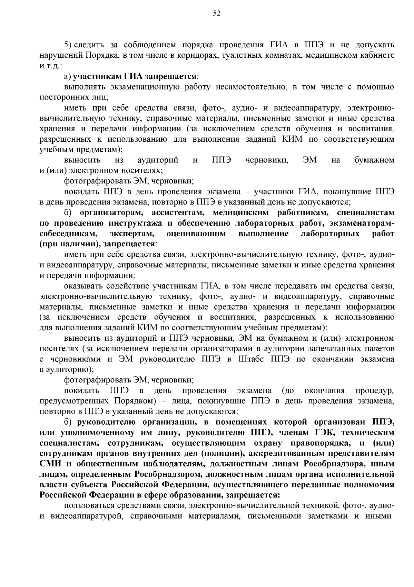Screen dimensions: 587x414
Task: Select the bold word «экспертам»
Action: tap(132, 234)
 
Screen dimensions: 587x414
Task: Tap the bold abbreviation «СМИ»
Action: tap(51, 464)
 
